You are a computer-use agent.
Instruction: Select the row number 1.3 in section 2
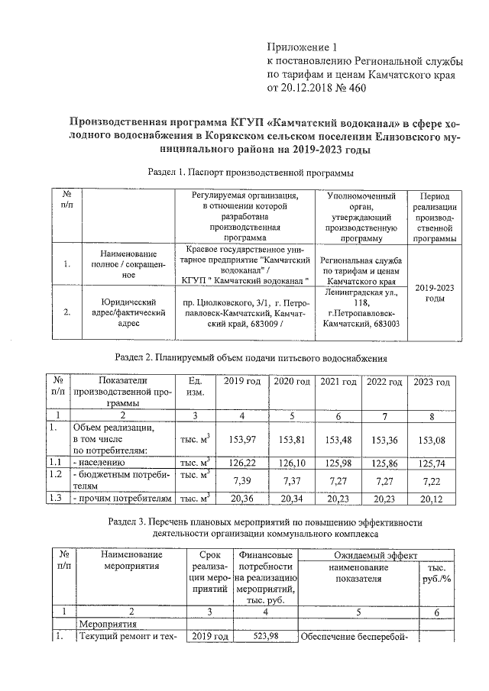tap(56, 499)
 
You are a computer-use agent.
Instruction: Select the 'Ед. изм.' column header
tap(196, 386)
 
